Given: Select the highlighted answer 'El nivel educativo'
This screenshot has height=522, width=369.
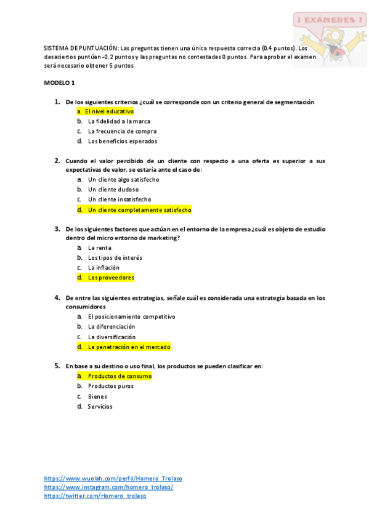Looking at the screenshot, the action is (x=108, y=111).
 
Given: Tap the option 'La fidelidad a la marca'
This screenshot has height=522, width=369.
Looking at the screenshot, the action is (x=119, y=121).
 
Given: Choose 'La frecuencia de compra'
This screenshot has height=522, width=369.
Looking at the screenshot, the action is (x=122, y=131).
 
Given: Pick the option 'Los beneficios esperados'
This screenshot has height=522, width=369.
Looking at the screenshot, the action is (x=122, y=141).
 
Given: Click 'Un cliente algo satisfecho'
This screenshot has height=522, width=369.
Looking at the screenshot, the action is (x=123, y=180).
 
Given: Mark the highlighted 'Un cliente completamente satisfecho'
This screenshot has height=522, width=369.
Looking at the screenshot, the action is (x=139, y=210).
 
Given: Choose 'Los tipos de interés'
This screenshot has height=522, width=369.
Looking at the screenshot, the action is (x=115, y=258).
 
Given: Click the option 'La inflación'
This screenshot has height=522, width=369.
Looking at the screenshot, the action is (x=103, y=268).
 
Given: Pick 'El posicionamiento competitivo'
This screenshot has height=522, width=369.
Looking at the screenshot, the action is (x=131, y=316).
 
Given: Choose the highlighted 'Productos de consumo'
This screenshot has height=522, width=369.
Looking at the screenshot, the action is (x=119, y=375).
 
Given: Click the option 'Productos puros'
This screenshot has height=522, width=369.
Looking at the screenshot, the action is (x=110, y=386).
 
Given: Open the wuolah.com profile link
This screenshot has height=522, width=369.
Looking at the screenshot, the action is (x=113, y=478).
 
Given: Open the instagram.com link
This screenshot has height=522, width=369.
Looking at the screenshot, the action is (x=108, y=487).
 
